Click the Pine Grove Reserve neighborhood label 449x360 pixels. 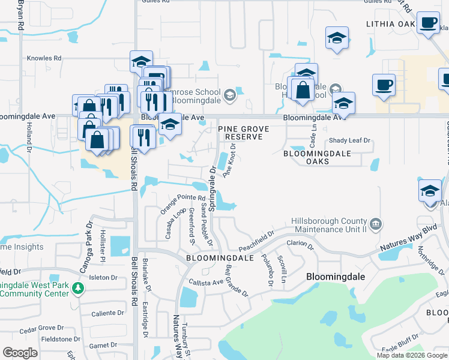pos(240,133)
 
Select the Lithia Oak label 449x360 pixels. pos(390,24)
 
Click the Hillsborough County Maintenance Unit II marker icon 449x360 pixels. pos(376,225)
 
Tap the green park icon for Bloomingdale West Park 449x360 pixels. pos(77,289)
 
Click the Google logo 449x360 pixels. pos(21,353)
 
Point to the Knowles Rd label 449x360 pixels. pos(44,58)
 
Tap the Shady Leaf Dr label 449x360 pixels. pos(350,140)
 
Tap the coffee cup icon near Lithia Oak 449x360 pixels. pos(429,23)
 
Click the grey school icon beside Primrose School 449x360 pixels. pos(229,95)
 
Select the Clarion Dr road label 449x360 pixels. pos(300,244)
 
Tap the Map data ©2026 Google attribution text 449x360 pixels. pos(412,355)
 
